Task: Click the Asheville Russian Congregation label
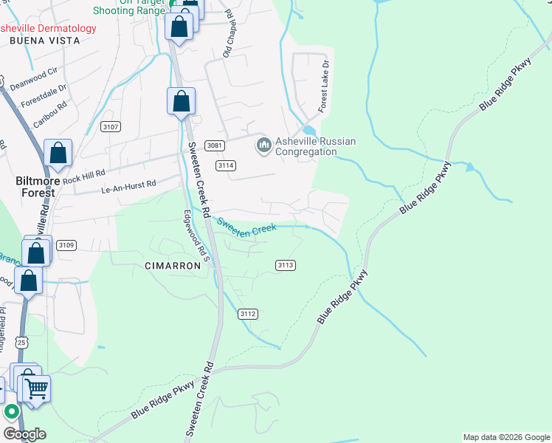click(315, 147)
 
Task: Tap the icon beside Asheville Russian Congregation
click(263, 145)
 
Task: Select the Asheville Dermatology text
click(48, 29)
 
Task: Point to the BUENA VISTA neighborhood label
click(44, 41)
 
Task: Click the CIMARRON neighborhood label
click(173, 266)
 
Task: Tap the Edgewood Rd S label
click(197, 236)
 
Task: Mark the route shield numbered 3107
click(110, 127)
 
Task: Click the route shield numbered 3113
click(286, 265)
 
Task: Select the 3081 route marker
click(215, 145)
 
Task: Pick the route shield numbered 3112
click(248, 314)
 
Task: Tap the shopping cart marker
click(36, 388)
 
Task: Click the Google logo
click(24, 434)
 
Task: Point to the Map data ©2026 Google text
click(506, 437)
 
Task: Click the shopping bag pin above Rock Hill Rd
click(58, 154)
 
